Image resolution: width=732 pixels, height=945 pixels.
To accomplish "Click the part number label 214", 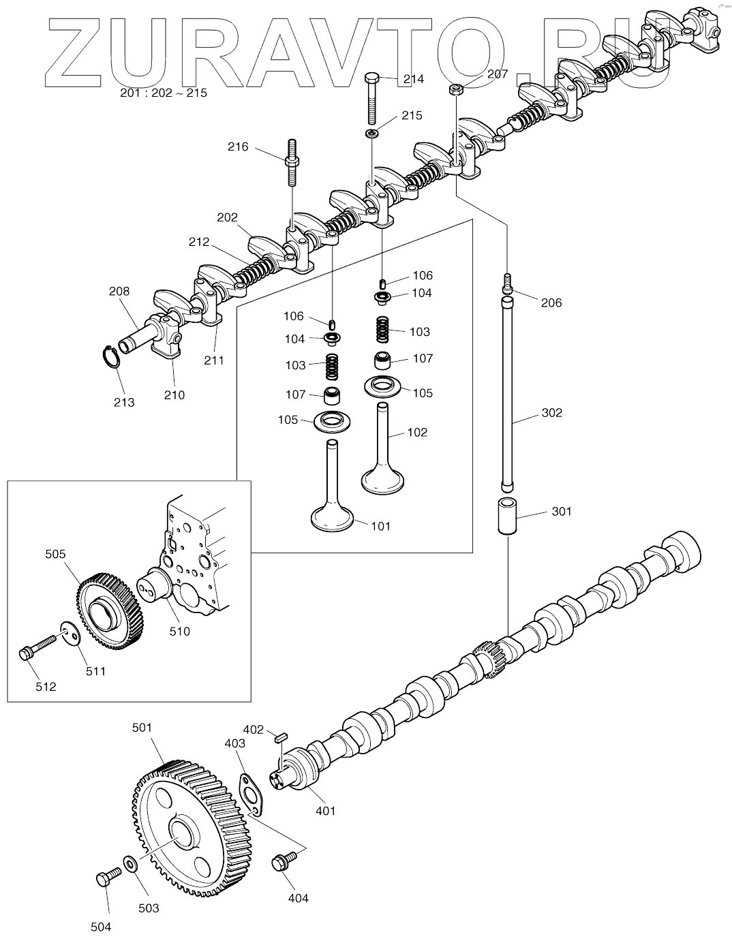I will tap(413, 79).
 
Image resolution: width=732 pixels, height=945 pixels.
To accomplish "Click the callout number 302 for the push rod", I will tap(552, 413).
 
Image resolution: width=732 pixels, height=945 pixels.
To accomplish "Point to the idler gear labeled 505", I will tap(109, 610).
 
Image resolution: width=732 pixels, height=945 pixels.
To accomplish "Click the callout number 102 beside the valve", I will tap(417, 432).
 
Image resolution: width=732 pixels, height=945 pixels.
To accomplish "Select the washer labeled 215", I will tap(372, 132).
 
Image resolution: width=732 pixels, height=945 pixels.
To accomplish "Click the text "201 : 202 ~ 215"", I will tap(163, 93).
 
